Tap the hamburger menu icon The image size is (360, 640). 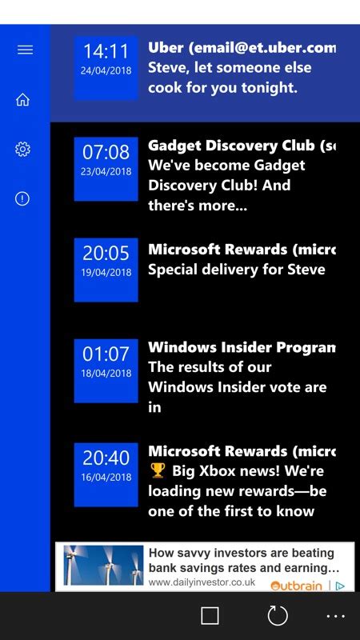pyautogui.click(x=25, y=50)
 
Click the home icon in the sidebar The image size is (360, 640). pyautogui.click(x=22, y=100)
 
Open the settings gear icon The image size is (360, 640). pyautogui.click(x=22, y=150)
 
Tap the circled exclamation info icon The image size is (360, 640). pyautogui.click(x=22, y=199)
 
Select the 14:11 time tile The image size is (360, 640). pyautogui.click(x=106, y=67)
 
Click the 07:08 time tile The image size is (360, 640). pyautogui.click(x=106, y=168)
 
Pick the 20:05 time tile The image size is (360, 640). pyautogui.click(x=106, y=270)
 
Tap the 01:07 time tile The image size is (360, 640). pyautogui.click(x=106, y=370)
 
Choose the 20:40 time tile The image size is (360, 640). pyautogui.click(x=106, y=474)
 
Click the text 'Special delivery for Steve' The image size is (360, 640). pyautogui.click(x=237, y=270)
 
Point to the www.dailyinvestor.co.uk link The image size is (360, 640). pyautogui.click(x=202, y=583)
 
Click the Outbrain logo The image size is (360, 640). pyautogui.click(x=298, y=586)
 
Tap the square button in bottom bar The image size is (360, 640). pyautogui.click(x=210, y=615)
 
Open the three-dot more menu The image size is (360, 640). pyautogui.click(x=336, y=615)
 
